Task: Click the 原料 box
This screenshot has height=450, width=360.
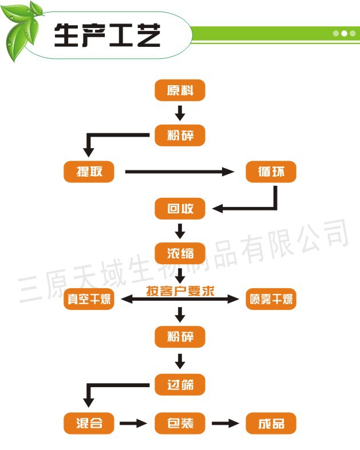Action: click(180, 91)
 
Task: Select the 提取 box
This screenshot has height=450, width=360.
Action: click(89, 172)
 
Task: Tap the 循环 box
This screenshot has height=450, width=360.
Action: click(271, 172)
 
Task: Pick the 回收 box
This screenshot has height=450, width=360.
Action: click(180, 209)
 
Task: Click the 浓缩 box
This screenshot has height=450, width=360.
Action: click(180, 252)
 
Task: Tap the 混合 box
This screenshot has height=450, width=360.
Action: click(89, 424)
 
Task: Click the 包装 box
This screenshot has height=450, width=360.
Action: click(180, 424)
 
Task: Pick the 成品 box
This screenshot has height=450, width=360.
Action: click(271, 424)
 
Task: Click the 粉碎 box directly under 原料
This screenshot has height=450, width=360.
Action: click(180, 136)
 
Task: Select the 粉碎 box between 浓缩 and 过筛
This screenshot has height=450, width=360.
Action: click(180, 337)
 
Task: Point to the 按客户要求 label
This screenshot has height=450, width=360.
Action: click(180, 290)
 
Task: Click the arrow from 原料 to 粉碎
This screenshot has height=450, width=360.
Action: click(180, 113)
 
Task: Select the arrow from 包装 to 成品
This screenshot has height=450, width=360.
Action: click(225, 424)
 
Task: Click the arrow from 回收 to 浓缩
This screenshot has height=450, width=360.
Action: click(180, 231)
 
